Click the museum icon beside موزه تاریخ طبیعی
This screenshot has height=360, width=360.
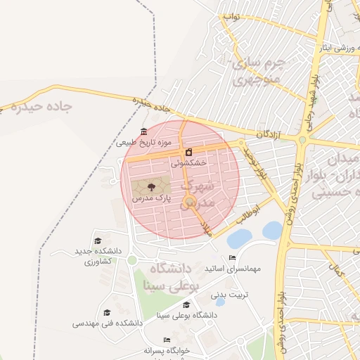click(144, 131)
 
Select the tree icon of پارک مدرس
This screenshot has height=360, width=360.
click(150, 187)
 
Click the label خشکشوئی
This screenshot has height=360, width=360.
click(188, 162)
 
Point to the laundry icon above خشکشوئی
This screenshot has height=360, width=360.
click(188, 152)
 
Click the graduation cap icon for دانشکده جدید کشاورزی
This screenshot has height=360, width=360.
click(97, 240)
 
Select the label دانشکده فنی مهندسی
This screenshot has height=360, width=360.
click(108, 323)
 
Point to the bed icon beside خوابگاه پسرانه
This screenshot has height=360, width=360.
click(167, 340)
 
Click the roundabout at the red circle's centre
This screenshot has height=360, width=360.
click(190, 204)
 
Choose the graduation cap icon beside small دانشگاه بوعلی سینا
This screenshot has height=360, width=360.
click(186, 304)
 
